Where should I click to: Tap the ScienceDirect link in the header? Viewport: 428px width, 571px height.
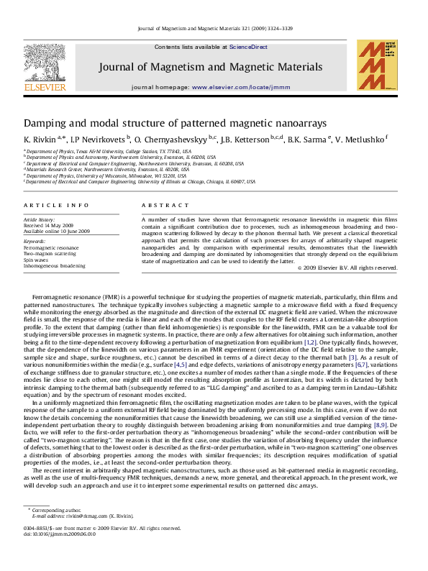tap(248, 47)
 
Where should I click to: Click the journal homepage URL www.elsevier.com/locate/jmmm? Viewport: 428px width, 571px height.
tap(241, 86)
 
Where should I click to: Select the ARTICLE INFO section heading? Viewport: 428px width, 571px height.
tap(57, 205)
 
